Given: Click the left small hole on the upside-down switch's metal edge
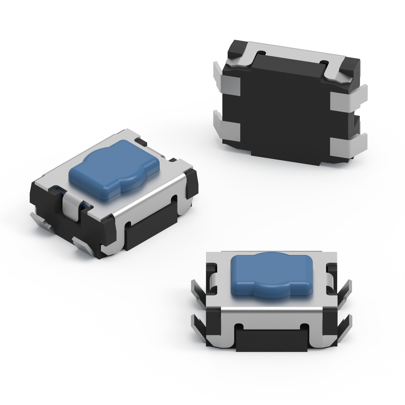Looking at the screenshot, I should [x=262, y=52].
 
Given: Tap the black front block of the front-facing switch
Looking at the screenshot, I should [x=271, y=340].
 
